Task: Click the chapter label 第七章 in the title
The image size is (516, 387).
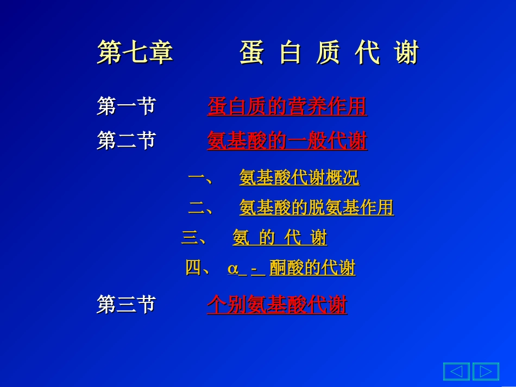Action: coord(135,53)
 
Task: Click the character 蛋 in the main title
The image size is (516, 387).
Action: coord(251,53)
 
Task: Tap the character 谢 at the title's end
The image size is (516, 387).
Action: coord(407,53)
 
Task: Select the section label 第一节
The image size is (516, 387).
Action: coord(126,106)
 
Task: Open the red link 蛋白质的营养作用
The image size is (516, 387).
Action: coord(287,106)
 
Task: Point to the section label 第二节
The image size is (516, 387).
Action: coord(126,141)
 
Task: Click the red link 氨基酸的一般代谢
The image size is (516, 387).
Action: coord(287,141)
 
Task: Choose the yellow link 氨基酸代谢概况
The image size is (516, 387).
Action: coord(299,177)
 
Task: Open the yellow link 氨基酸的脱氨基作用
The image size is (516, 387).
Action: coord(316,207)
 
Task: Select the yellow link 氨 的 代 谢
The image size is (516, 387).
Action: coord(280,238)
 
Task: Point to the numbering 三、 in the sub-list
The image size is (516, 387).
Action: coord(194,238)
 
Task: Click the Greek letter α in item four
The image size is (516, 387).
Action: coord(233,269)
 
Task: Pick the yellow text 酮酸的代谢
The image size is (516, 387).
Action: coord(312,268)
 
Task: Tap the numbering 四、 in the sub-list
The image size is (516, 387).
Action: coord(198,268)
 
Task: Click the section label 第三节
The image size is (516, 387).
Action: coord(126,304)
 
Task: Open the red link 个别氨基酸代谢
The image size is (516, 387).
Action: coord(276,305)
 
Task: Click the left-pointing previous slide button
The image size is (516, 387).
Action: coord(456,371)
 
